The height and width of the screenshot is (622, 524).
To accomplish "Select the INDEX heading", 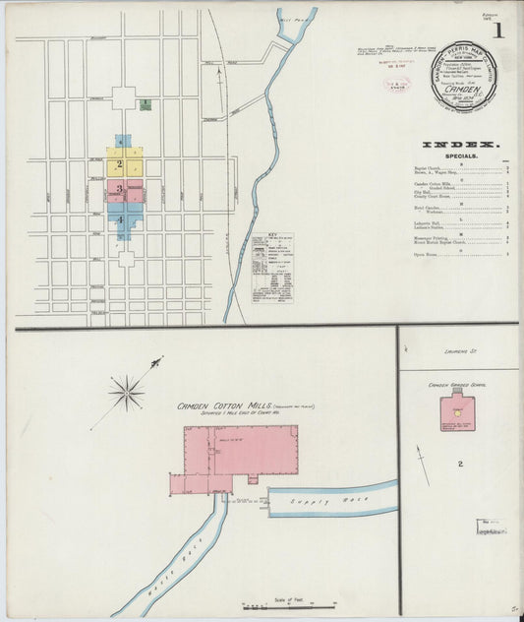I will (x=460, y=144).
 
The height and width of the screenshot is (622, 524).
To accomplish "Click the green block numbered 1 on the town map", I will (x=145, y=103).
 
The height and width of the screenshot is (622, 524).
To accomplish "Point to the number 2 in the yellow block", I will (x=119, y=164).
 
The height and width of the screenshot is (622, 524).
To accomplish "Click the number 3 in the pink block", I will (x=119, y=189).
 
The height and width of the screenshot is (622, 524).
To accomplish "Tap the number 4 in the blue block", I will (x=121, y=219).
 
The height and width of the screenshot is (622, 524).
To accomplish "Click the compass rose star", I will (x=127, y=394).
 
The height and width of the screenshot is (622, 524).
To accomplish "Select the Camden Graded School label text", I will (x=458, y=385).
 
